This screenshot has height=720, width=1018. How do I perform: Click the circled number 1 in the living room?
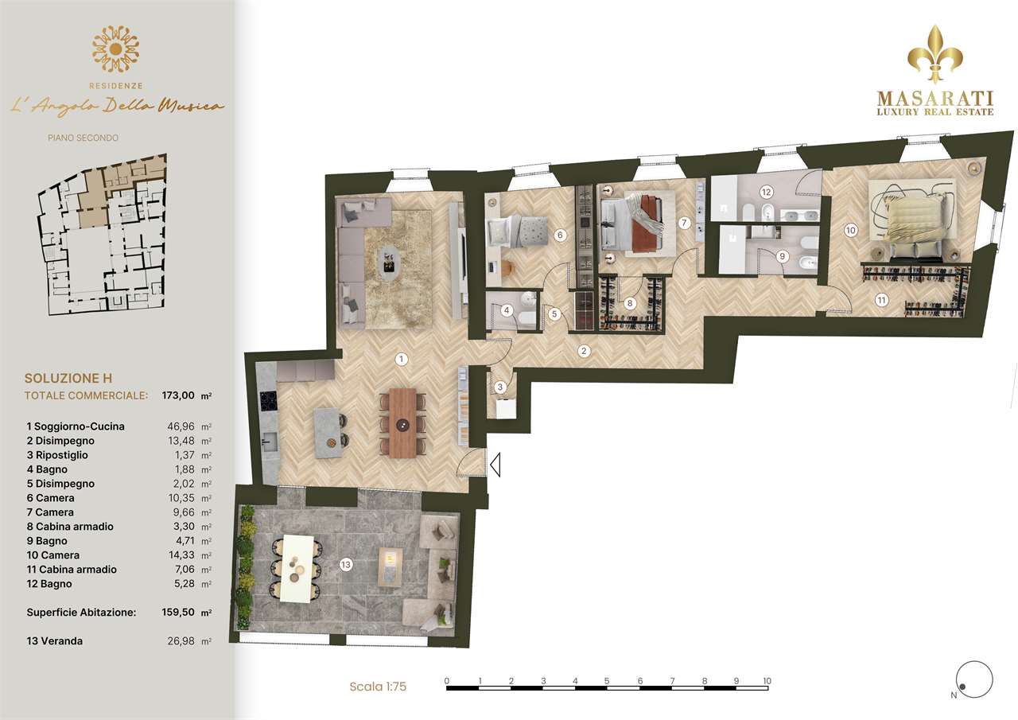tap(401, 359)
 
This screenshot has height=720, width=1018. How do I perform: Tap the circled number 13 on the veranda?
tap(346, 565)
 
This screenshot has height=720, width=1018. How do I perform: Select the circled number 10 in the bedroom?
tap(850, 231)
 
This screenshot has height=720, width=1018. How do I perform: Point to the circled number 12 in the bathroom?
tap(766, 192)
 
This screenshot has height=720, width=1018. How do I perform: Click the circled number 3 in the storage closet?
tap(500, 387)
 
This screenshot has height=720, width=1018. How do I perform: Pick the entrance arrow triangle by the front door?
tap(495, 465)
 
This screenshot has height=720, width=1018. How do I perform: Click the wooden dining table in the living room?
tap(402, 422)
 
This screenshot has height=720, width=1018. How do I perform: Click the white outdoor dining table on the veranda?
tap(297, 568)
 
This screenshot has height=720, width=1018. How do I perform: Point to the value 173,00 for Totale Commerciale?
tap(178, 395)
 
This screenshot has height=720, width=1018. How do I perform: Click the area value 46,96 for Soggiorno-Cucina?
tap(181, 426)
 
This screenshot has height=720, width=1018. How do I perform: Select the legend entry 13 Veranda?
tap(55, 641)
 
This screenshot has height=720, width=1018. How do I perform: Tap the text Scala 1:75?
tap(378, 687)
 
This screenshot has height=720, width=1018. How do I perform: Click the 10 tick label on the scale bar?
tap(767, 681)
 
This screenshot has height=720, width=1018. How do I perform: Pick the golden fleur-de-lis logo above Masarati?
tap(934, 54)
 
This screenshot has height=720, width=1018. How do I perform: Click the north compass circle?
tap(974, 679)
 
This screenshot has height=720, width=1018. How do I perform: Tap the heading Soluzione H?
tap(68, 378)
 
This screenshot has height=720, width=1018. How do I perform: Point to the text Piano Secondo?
tap(84, 138)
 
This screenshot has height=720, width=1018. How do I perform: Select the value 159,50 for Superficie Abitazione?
tap(178, 613)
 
